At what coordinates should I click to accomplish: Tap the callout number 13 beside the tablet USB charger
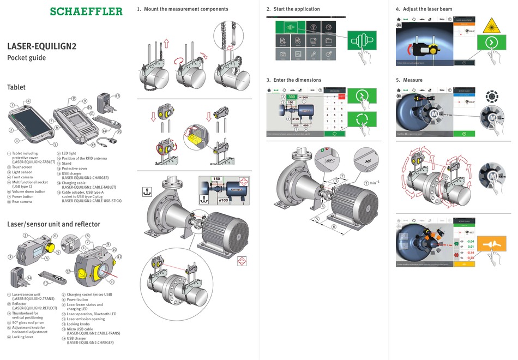tap(117, 95)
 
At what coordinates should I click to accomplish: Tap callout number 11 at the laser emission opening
tap(112, 281)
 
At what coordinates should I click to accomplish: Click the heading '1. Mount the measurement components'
tap(183, 9)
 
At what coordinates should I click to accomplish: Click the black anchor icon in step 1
tap(146, 191)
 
